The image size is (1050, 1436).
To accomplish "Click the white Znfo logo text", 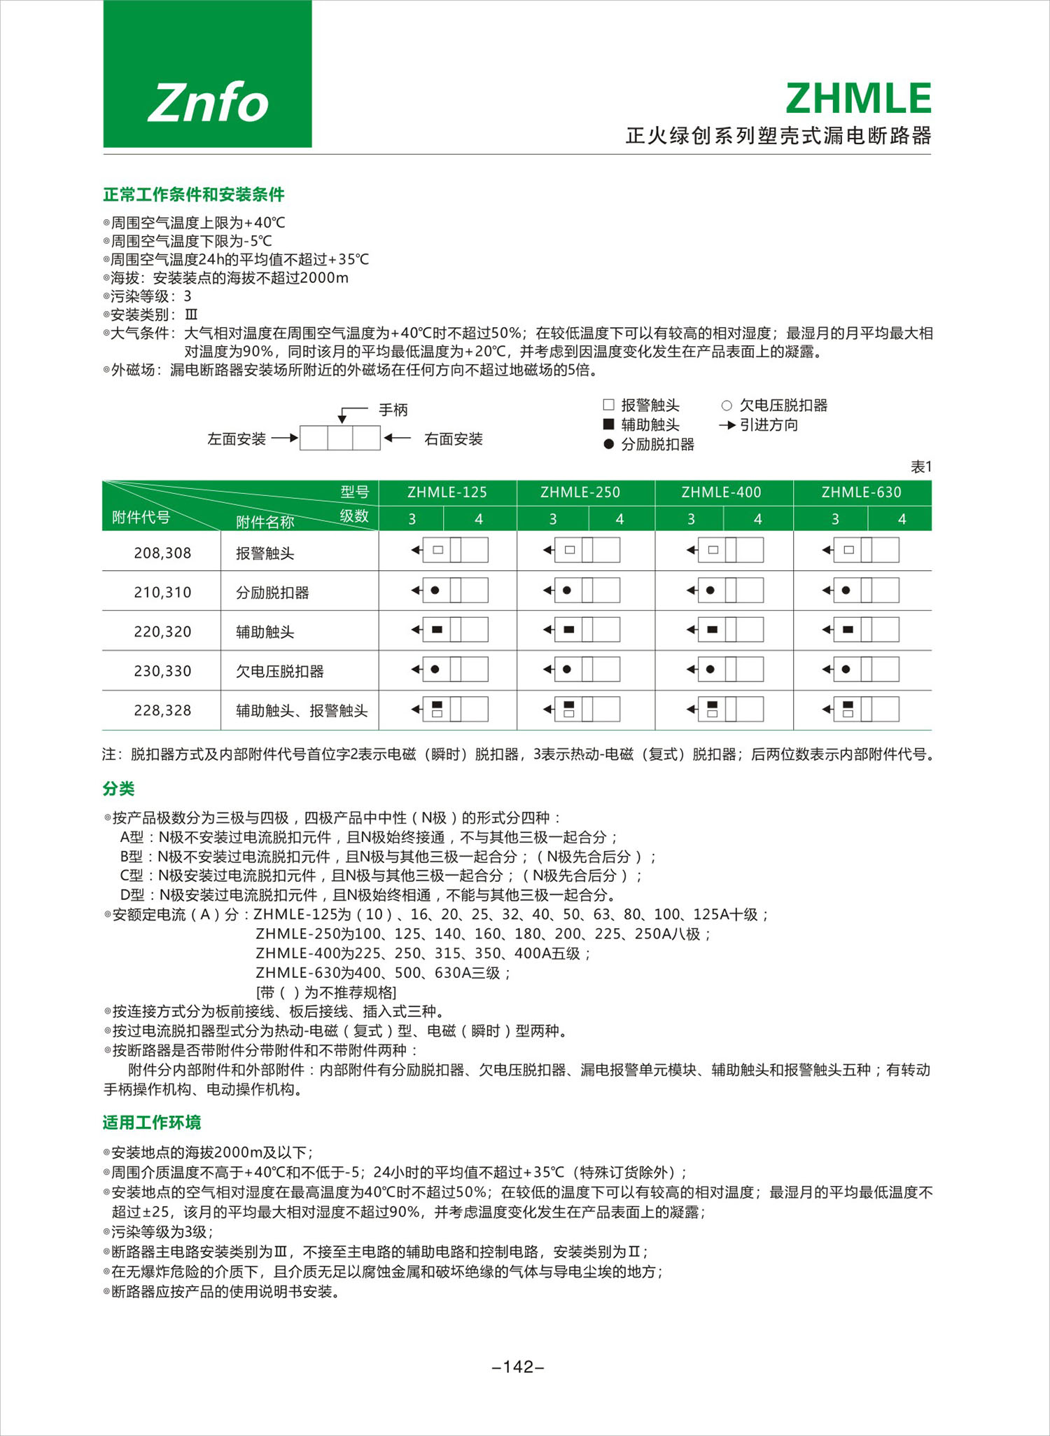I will click(x=208, y=102).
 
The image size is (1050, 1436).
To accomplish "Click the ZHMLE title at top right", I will click(x=858, y=98).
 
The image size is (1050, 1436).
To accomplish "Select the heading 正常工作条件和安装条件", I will click(x=193, y=194).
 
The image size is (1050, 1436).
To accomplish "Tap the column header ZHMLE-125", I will click(x=447, y=492).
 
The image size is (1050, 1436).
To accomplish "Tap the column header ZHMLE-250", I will click(x=580, y=492).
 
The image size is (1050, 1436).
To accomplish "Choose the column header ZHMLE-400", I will click(x=721, y=492).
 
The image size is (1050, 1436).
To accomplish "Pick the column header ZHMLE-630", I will click(x=861, y=492).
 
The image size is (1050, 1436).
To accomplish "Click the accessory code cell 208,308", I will click(x=162, y=553).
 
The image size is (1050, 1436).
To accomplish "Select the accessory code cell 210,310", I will click(x=162, y=593).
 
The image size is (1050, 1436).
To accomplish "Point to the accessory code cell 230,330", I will click(x=162, y=671).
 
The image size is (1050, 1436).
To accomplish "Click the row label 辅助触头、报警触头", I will click(x=302, y=711).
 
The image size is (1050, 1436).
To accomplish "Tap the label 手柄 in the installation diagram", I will click(x=393, y=410).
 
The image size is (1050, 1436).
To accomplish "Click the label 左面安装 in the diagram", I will click(x=237, y=439).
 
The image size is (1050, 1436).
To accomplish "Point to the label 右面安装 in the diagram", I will click(x=454, y=439).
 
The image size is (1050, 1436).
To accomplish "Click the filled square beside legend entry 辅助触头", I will click(x=608, y=424).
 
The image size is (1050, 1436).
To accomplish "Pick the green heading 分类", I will click(x=118, y=789).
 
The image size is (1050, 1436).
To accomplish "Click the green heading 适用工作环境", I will click(x=152, y=1123).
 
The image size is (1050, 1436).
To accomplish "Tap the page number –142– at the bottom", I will click(x=519, y=1367).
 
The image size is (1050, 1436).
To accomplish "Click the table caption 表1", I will click(x=920, y=467).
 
